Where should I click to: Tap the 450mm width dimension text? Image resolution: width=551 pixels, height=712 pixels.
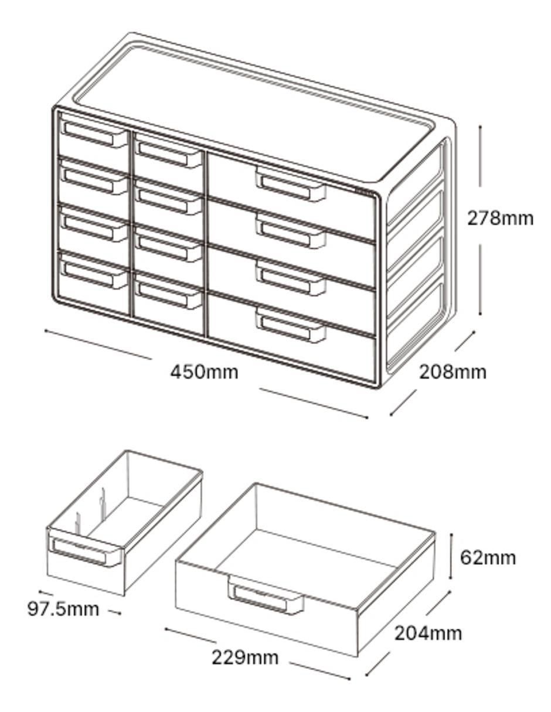pos(204,372)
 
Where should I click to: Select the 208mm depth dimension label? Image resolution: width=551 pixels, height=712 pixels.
pos(453,372)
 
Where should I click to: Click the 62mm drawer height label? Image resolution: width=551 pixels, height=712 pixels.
pos(488,557)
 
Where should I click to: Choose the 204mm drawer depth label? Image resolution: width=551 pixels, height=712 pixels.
pos(428,633)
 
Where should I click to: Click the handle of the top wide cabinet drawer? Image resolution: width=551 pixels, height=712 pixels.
pos(291,184)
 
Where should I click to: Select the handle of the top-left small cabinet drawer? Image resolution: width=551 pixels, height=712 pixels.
pos(95,134)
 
